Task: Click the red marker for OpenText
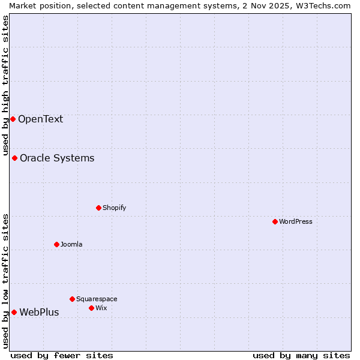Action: point(13,119)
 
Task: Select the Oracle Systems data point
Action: point(14,158)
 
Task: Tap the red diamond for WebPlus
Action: point(14,312)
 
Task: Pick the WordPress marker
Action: point(275,221)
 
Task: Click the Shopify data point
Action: point(98,208)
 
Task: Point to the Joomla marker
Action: point(56,244)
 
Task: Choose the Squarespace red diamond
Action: point(72,299)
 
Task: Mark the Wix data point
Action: point(91,308)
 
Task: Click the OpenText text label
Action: point(40,119)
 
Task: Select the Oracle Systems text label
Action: point(57,158)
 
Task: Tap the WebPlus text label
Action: point(39,312)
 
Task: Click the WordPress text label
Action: point(296,221)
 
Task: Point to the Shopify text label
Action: point(114,208)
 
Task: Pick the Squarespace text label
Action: point(97,299)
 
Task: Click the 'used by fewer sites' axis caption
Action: point(62,355)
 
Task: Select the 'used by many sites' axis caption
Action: point(301,355)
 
